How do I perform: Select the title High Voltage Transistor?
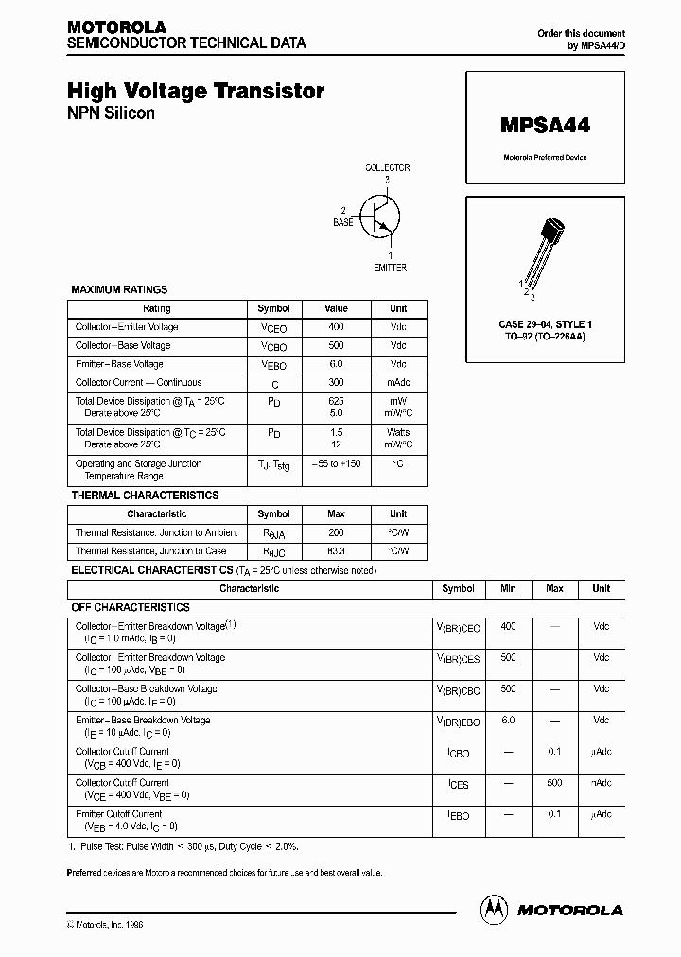(x=196, y=91)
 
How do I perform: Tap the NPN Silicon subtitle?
(x=111, y=113)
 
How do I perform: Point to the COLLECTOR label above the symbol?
(x=388, y=167)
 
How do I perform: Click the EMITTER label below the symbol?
(x=389, y=268)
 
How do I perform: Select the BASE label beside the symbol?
(x=342, y=222)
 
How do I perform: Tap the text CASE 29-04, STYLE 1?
(x=545, y=324)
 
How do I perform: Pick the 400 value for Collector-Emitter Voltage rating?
(x=336, y=327)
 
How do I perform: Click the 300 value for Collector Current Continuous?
(x=336, y=383)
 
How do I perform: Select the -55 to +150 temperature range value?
(x=336, y=464)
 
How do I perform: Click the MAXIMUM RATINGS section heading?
(x=119, y=289)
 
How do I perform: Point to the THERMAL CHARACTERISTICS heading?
(x=145, y=495)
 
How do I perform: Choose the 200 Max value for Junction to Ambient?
(x=336, y=533)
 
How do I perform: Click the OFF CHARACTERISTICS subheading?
(x=131, y=607)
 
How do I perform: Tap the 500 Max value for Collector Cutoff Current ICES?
(x=554, y=783)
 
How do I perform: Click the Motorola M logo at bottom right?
(x=494, y=909)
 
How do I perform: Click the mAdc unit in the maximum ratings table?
(x=398, y=383)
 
